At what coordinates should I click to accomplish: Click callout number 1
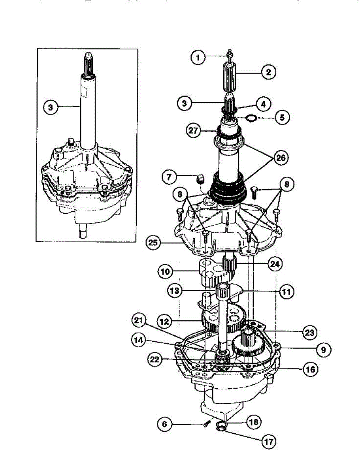(199, 58)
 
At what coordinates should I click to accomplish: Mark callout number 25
(154, 241)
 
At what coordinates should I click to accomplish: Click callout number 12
(165, 322)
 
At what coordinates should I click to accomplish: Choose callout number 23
(310, 333)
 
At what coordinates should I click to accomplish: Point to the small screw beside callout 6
(206, 425)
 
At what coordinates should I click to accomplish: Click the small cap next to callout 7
(200, 180)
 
